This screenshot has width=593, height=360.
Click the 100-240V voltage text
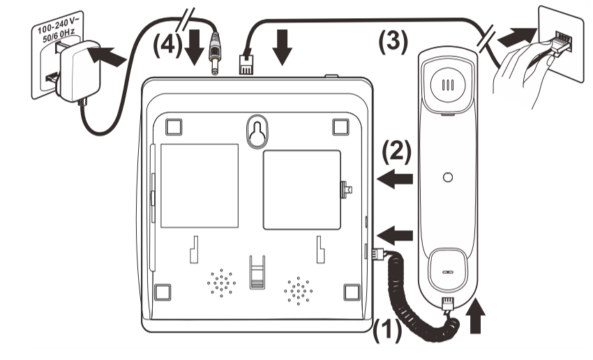[57, 27]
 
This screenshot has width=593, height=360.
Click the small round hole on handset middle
[448, 177]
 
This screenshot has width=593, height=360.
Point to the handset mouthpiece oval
[447, 273]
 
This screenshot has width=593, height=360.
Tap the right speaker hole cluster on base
[297, 289]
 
